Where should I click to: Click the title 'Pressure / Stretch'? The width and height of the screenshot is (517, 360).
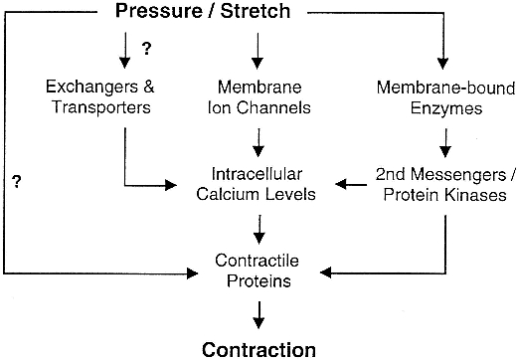(258, 13)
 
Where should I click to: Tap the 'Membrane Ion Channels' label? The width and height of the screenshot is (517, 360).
(258, 97)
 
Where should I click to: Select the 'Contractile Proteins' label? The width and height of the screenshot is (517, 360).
(258, 270)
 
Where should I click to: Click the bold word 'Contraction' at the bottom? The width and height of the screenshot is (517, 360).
(258, 348)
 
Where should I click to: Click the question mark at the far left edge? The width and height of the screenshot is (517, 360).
(17, 181)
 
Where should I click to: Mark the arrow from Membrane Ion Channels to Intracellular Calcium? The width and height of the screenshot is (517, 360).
(258, 139)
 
